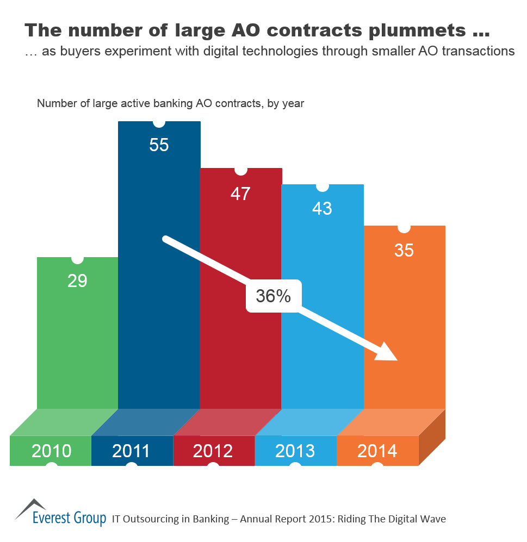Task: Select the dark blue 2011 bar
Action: click(x=159, y=326)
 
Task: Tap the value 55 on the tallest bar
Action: click(x=159, y=145)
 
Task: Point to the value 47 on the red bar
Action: click(x=240, y=194)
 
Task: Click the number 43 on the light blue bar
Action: click(x=322, y=209)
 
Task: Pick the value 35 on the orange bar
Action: click(x=404, y=251)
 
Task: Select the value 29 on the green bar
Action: click(x=77, y=281)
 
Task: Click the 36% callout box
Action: click(x=273, y=297)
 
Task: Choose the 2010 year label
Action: click(x=51, y=451)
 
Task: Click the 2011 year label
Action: click(x=132, y=451)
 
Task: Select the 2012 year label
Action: click(x=213, y=451)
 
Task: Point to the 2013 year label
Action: click(x=295, y=451)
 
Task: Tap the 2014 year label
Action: click(x=377, y=451)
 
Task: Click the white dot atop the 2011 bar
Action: click(x=159, y=122)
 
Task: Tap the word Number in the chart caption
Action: click(x=54, y=103)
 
